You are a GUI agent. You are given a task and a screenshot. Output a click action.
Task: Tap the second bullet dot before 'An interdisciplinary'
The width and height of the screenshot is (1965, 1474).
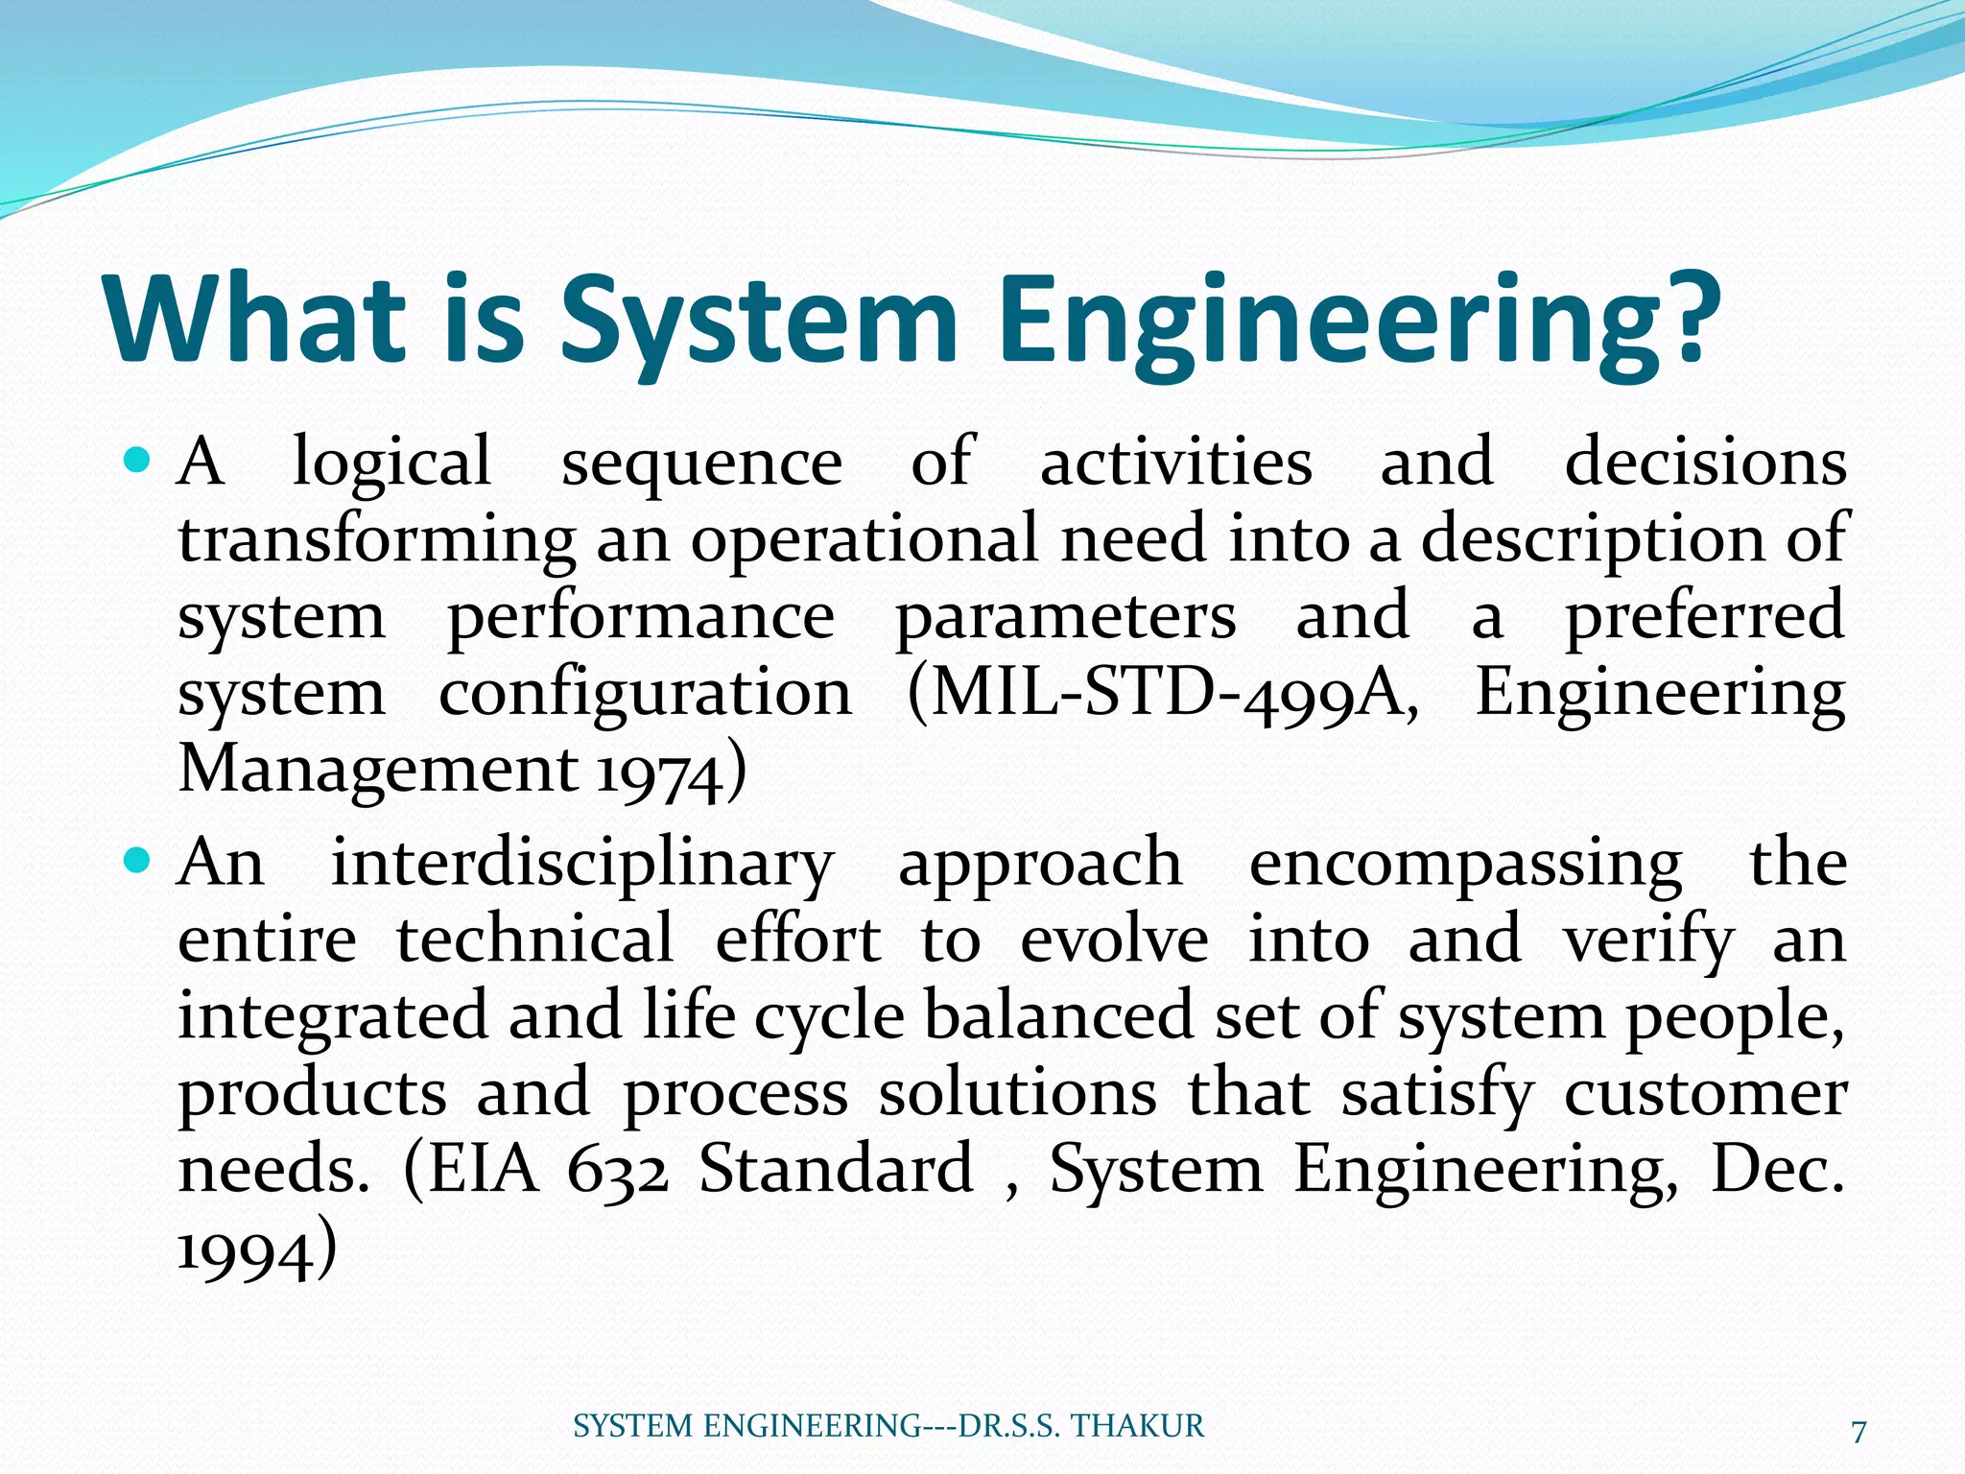click(139, 860)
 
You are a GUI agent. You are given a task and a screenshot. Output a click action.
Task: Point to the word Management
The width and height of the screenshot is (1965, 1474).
click(378, 771)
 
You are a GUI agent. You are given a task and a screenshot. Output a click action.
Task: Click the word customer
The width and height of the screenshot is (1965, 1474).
click(1705, 1094)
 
